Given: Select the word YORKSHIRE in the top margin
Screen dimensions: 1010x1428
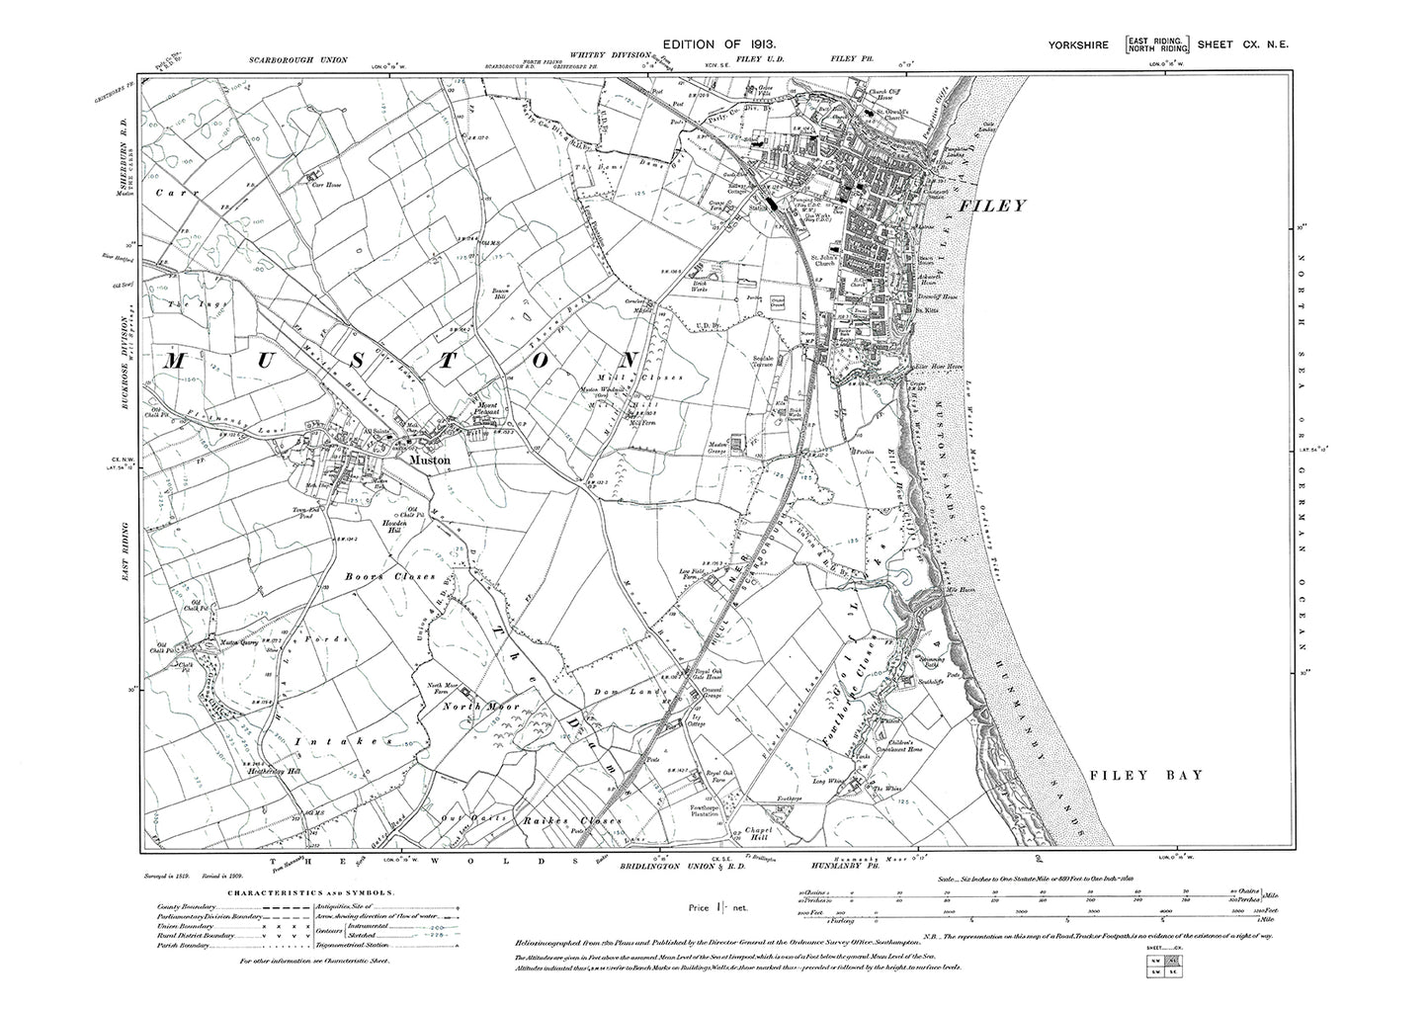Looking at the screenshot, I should pos(1082,44).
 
